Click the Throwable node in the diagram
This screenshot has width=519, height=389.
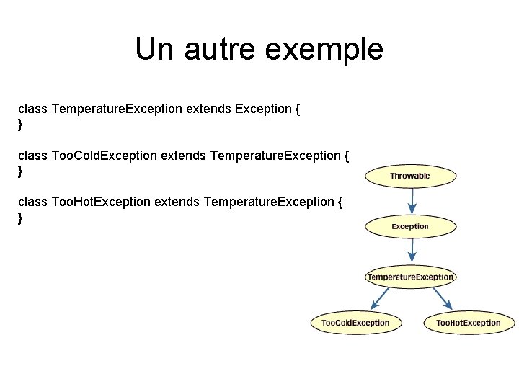coord(410,176)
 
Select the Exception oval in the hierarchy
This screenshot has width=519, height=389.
coord(410,226)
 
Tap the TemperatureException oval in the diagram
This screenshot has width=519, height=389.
coord(410,277)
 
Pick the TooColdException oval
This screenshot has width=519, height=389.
coord(355,323)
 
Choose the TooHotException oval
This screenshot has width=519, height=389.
coord(469,323)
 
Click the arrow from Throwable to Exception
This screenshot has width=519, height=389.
coord(411,201)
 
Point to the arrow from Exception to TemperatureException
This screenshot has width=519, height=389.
coord(411,251)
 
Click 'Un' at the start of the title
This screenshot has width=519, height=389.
coord(154,49)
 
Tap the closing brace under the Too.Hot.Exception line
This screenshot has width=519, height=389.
coord(20,218)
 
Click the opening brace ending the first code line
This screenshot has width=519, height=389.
coord(298,109)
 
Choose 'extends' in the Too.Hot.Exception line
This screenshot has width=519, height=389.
coord(177,202)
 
